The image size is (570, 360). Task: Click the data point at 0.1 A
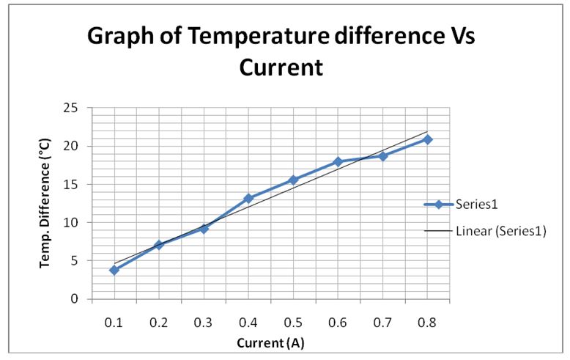click(x=114, y=270)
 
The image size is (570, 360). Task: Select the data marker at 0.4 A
click(x=248, y=198)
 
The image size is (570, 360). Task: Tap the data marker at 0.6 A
click(x=338, y=161)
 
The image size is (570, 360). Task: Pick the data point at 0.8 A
click(x=427, y=139)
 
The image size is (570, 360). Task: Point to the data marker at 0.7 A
click(x=382, y=156)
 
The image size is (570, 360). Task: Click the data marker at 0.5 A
click(x=293, y=180)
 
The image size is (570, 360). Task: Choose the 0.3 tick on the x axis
click(x=204, y=323)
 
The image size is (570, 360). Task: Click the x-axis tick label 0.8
click(x=427, y=323)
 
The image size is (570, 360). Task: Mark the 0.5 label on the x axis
click(x=293, y=323)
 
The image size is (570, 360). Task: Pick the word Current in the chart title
click(x=281, y=67)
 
